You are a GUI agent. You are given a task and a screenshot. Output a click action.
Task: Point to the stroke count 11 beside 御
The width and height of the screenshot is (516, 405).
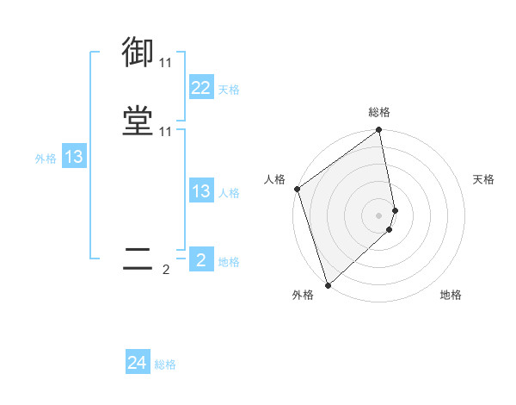(x=165, y=63)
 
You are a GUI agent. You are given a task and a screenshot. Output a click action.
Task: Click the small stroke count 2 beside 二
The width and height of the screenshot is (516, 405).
(x=165, y=270)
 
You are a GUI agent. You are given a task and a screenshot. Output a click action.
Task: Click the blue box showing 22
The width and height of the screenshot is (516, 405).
(x=200, y=88)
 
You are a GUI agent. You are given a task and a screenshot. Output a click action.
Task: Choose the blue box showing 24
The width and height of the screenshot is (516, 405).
(x=138, y=364)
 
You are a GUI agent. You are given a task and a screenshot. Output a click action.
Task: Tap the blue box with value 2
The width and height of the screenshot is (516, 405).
(x=200, y=260)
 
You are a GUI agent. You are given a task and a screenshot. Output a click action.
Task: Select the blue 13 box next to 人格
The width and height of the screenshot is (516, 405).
(x=200, y=191)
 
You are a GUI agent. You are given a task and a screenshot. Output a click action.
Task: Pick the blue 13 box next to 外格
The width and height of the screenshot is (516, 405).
(x=74, y=157)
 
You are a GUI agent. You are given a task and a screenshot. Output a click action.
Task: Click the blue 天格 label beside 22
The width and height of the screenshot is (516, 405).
(x=229, y=90)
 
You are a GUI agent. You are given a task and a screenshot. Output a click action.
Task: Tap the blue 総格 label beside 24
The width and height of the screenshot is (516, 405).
(x=165, y=364)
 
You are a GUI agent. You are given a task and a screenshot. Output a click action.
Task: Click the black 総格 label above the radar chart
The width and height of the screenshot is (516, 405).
(x=379, y=112)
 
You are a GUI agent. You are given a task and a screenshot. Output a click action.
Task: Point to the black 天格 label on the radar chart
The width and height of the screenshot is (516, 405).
(x=484, y=179)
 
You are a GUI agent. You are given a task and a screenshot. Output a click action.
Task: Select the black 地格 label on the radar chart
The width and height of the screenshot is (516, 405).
(x=451, y=295)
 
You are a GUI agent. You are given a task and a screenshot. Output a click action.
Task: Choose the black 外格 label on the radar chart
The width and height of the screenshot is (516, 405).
(x=302, y=295)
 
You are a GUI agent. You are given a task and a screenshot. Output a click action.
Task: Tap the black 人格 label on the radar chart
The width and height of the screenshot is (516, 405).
(x=275, y=179)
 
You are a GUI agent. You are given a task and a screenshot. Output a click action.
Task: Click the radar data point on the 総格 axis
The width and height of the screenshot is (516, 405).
(x=379, y=131)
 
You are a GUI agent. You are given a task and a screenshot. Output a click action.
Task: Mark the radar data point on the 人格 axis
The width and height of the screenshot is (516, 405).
(x=297, y=189)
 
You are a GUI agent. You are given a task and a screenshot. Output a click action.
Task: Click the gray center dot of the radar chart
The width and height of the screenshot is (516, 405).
(x=379, y=215)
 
